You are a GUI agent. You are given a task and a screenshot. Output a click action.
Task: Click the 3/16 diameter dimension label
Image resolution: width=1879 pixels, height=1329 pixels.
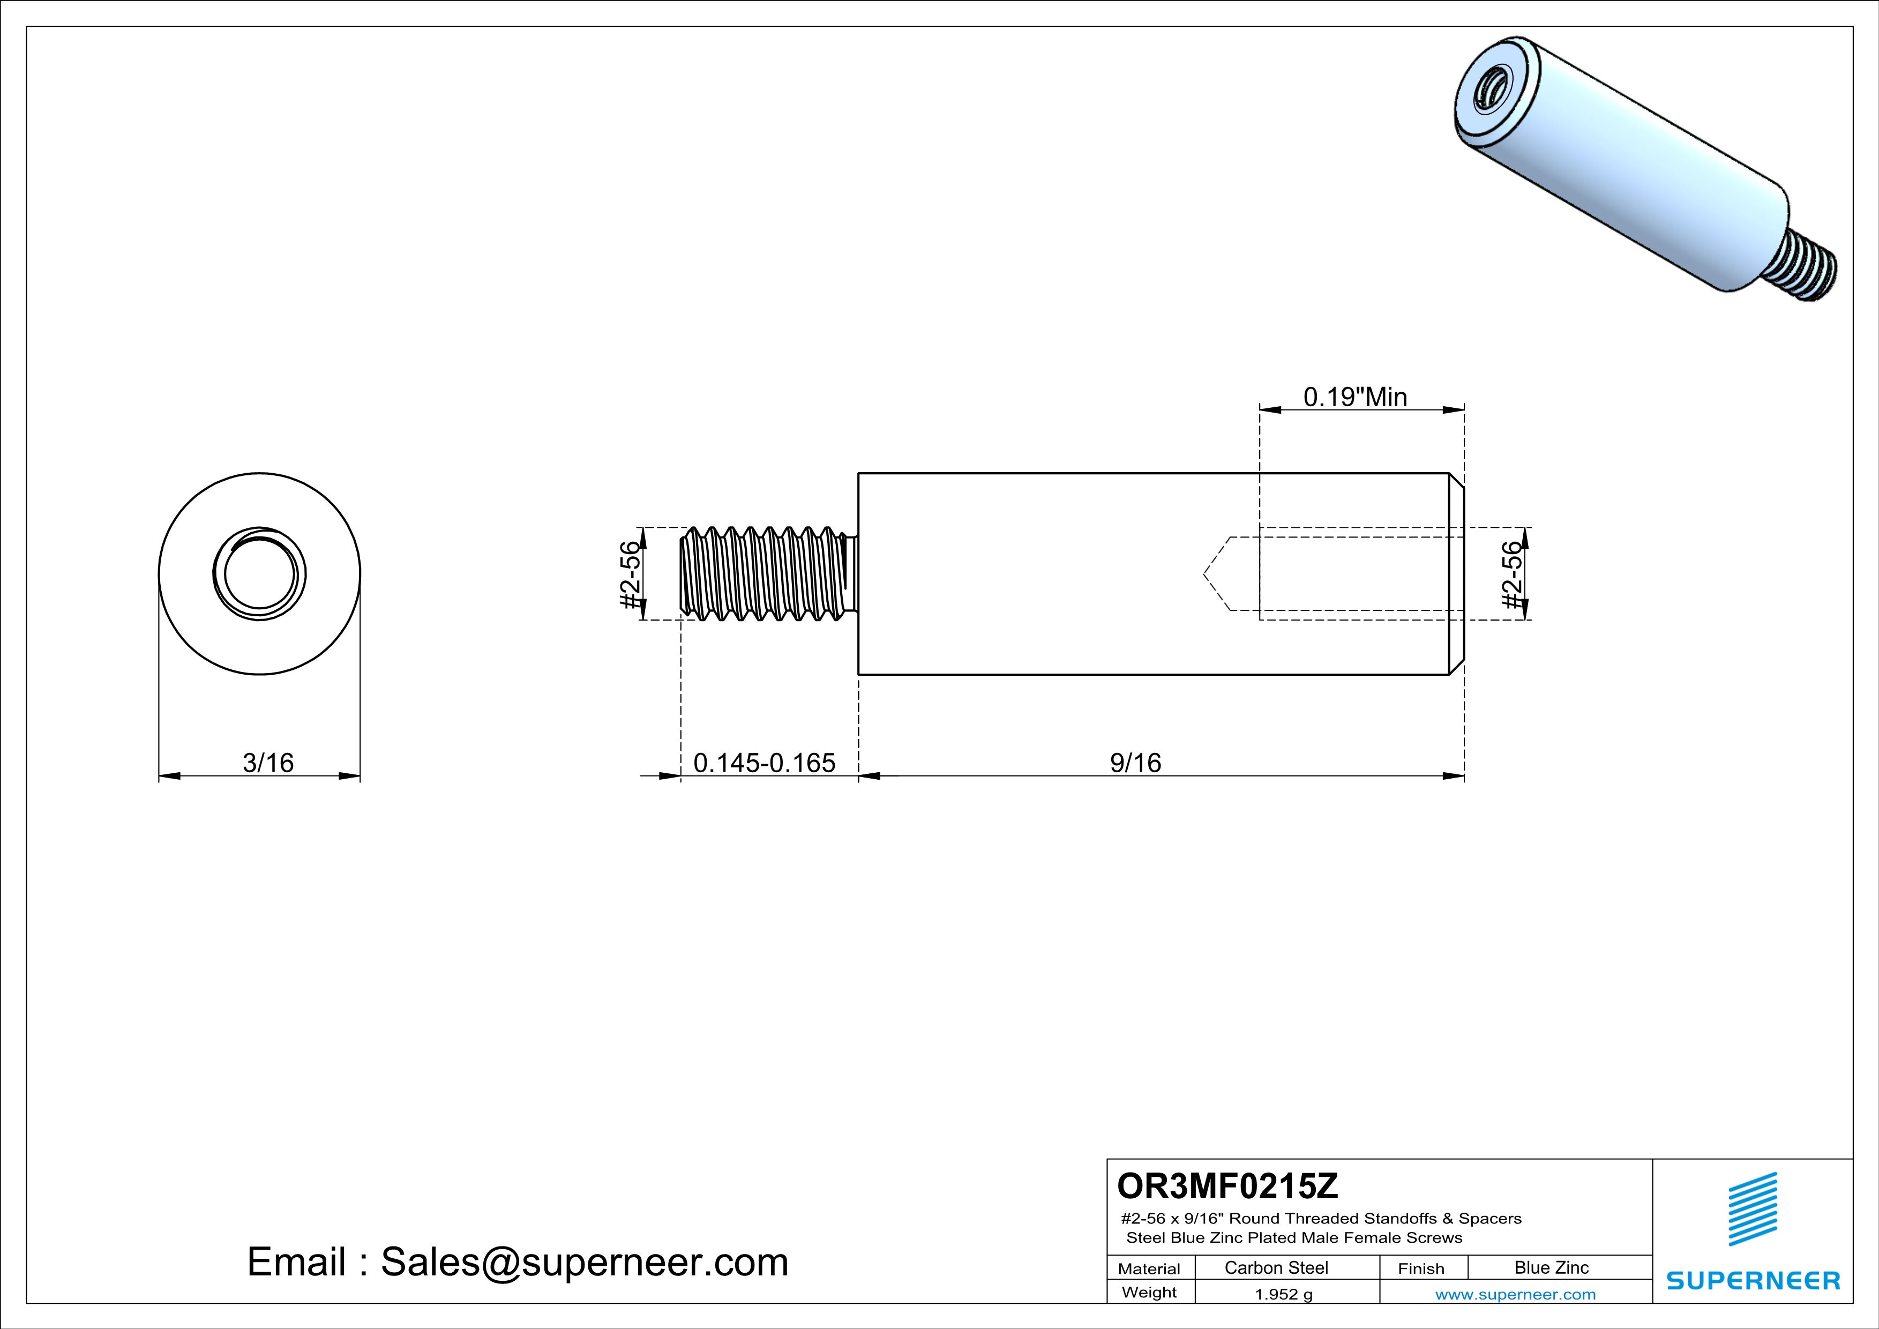click(x=267, y=763)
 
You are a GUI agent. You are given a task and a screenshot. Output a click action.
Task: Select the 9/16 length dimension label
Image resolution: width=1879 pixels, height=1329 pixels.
click(x=1135, y=763)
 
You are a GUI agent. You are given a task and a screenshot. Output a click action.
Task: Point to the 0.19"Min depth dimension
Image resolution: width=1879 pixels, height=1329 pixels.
click(x=1355, y=397)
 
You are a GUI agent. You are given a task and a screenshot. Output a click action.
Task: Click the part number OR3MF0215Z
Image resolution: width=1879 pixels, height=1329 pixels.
click(x=1227, y=1185)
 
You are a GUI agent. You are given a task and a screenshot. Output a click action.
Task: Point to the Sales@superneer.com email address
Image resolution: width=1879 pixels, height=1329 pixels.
click(x=585, y=1262)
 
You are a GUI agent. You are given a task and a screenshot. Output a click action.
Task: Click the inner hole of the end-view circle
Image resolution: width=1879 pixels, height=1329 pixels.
click(x=259, y=573)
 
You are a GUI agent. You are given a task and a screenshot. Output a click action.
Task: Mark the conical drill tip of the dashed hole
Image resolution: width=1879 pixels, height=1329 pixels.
click(x=1217, y=573)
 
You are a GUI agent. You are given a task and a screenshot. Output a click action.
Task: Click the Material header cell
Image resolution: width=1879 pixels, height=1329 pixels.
click(x=1149, y=1268)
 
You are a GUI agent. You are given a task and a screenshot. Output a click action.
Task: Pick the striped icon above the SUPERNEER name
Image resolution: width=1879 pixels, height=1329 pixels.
click(x=1752, y=1209)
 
